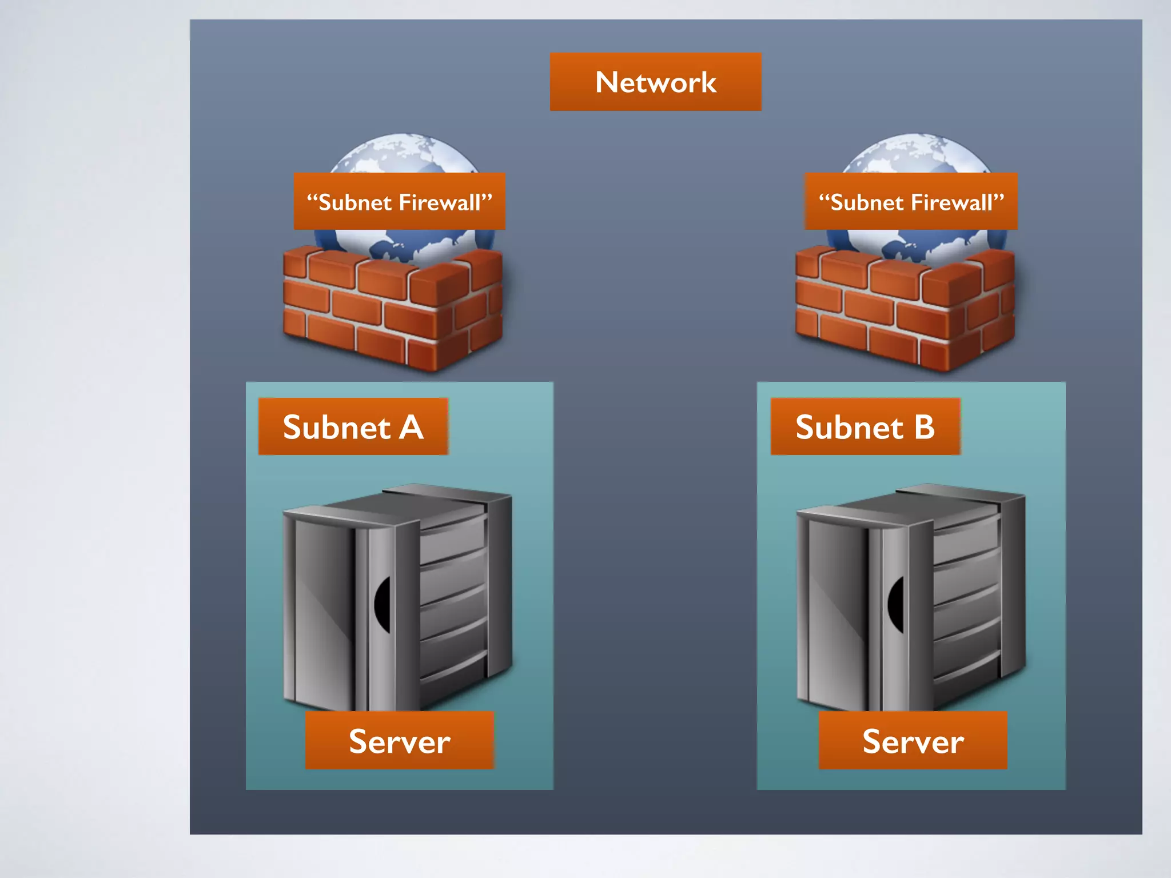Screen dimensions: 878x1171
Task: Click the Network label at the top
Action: pos(655,82)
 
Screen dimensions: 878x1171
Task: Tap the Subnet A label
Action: pos(353,426)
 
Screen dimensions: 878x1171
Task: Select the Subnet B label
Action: pos(865,426)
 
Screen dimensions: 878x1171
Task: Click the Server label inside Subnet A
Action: pos(399,741)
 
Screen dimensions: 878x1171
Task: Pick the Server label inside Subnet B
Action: pos(913,741)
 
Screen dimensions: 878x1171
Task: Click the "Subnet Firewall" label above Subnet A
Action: pos(399,202)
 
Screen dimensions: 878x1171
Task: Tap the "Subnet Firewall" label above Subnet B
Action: pos(911,202)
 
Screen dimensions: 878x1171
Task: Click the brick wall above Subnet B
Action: pos(905,309)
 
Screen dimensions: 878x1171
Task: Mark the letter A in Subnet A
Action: pos(411,427)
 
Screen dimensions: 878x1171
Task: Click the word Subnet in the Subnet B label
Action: pos(849,427)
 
